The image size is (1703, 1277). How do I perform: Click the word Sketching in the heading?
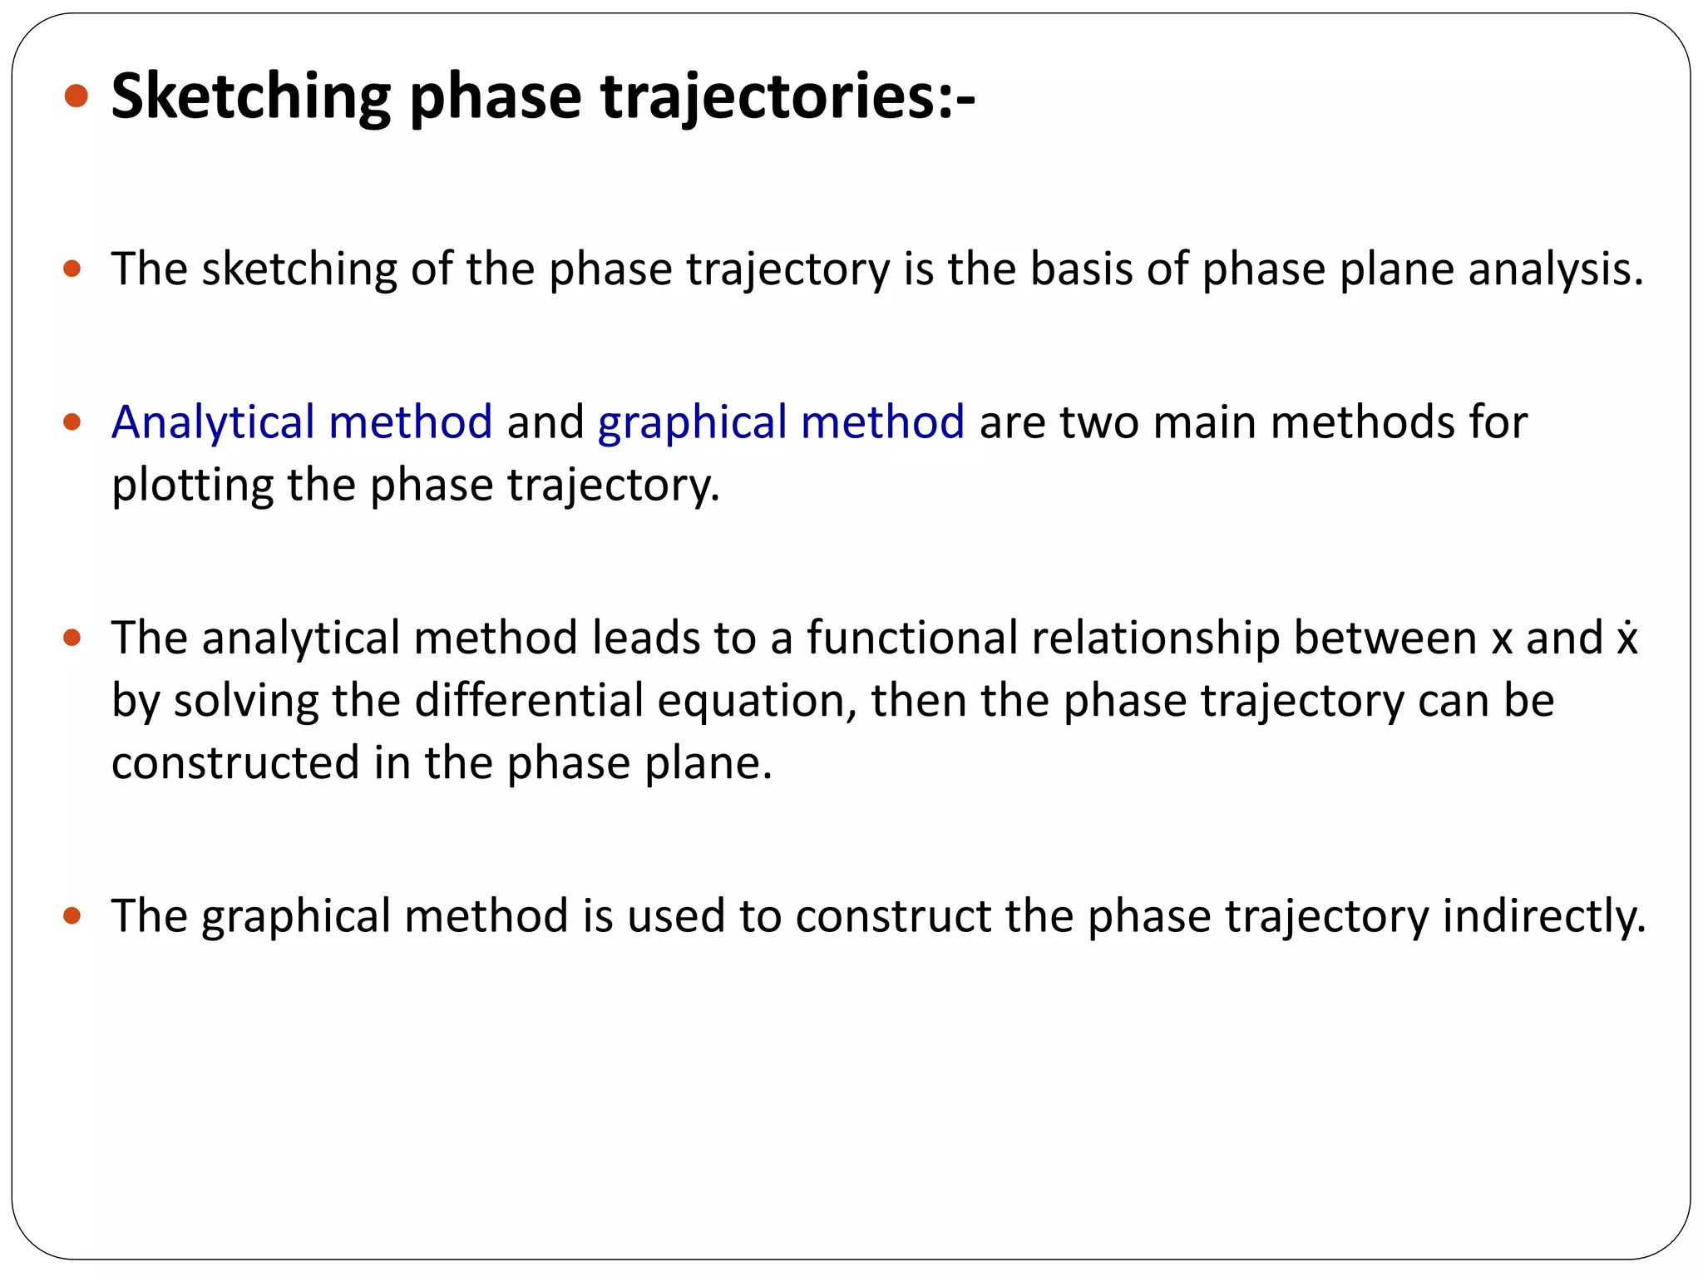250,96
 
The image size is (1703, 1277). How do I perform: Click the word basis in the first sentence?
1081,269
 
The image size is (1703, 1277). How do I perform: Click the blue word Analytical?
213,422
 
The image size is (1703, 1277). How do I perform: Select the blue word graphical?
692,422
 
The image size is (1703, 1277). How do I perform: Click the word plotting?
191,485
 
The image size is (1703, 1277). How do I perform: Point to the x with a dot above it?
1627,638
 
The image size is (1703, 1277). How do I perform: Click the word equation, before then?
757,700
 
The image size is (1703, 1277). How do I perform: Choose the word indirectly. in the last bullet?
1544,916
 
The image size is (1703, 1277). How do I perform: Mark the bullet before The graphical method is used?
72,916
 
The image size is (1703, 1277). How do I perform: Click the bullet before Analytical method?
72,422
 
